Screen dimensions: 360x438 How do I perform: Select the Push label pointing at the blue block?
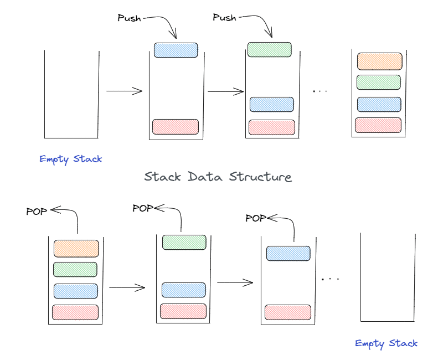pyautogui.click(x=130, y=18)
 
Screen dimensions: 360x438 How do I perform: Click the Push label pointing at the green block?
pyautogui.click(x=225, y=18)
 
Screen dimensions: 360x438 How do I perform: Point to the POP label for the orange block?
pyautogui.click(x=37, y=211)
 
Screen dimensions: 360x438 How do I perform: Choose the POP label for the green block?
pyautogui.click(x=143, y=208)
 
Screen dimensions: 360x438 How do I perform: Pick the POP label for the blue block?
pyautogui.click(x=256, y=218)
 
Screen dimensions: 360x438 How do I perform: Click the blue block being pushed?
pyautogui.click(x=176, y=50)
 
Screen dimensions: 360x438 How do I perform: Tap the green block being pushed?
pyautogui.click(x=270, y=49)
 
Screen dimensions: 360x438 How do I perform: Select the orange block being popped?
pyautogui.click(x=76, y=248)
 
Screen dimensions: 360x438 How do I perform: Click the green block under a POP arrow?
pyautogui.click(x=184, y=242)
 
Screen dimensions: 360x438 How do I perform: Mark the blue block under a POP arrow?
pyautogui.click(x=288, y=253)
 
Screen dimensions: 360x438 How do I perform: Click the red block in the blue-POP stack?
pyautogui.click(x=288, y=312)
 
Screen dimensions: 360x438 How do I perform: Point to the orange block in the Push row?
pyautogui.click(x=379, y=61)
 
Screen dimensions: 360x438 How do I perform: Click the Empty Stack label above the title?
pyautogui.click(x=71, y=159)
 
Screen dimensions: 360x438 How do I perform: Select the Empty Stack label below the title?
pyautogui.click(x=387, y=343)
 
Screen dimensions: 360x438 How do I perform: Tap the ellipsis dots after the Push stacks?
pyautogui.click(x=320, y=91)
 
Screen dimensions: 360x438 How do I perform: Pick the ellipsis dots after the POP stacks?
pyautogui.click(x=330, y=279)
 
